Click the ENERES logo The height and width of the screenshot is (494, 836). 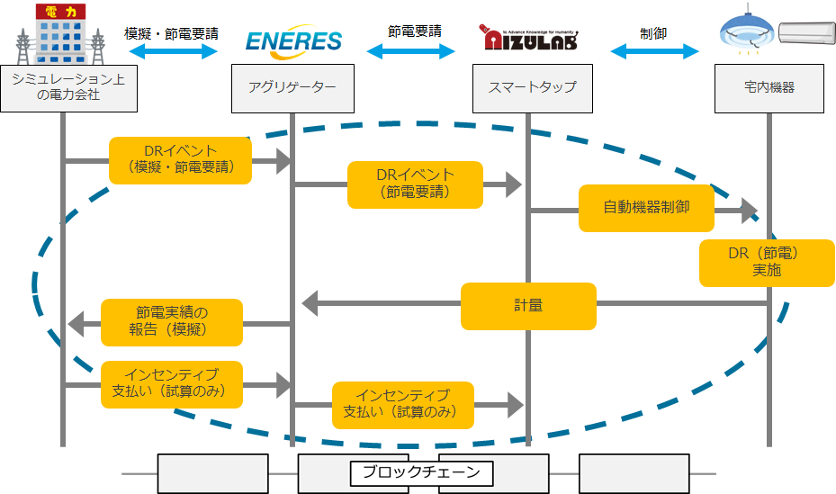coord(293,41)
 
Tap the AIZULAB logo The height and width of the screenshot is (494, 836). coord(529,39)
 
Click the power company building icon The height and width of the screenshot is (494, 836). coord(64,34)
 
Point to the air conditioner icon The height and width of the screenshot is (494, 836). coord(805,34)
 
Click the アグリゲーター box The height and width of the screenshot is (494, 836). coord(292,88)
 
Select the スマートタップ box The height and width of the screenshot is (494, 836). coord(532,88)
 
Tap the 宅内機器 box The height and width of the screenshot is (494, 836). coord(769,88)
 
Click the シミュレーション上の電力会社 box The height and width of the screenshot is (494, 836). coord(68,88)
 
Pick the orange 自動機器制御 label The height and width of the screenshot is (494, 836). coord(646,208)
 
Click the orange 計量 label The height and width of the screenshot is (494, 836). coord(529,306)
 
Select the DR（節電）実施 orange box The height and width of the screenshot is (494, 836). coord(767,263)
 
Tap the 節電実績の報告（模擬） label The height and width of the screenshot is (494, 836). coord(172,322)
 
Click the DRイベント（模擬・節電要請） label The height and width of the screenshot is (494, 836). coord(181,159)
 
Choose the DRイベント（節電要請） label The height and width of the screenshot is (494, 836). coord(415,184)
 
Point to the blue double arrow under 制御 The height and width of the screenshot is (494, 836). coord(654,52)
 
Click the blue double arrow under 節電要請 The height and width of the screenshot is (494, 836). coord(411,52)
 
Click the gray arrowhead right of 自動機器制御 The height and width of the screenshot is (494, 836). coord(748,211)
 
